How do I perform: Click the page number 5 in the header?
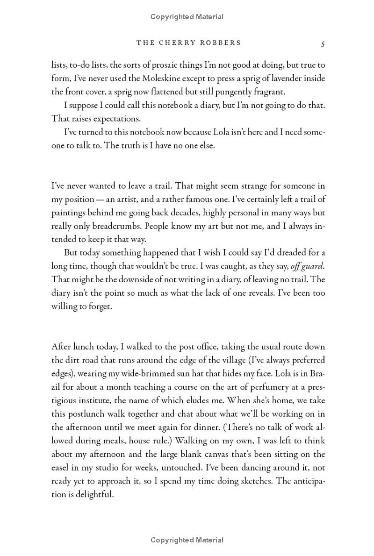pos(323,43)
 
